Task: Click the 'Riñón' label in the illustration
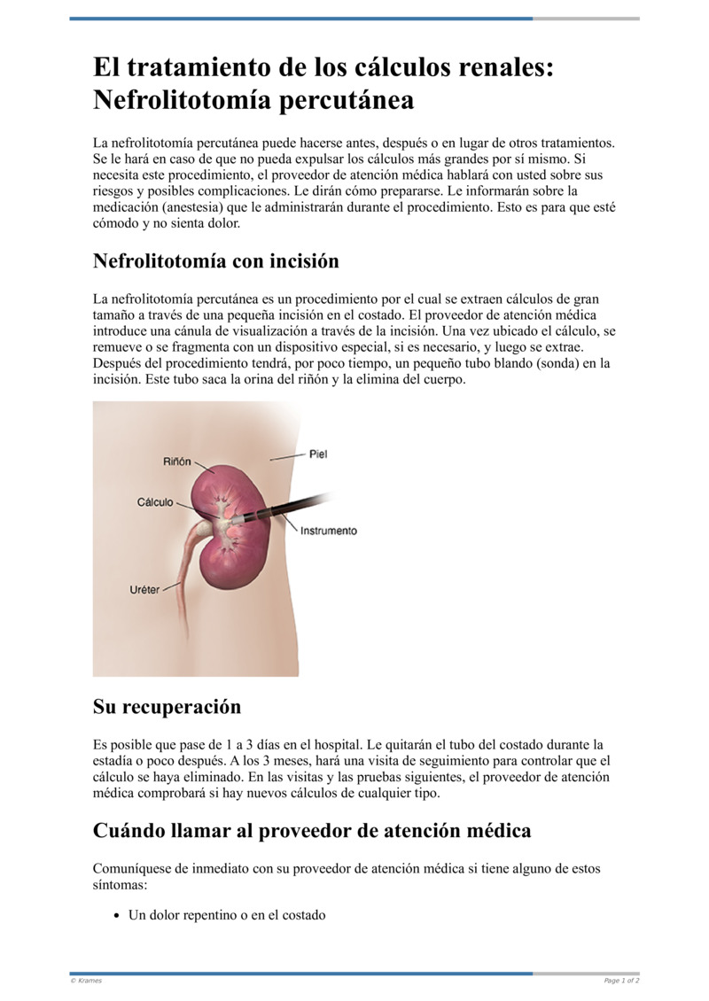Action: [176, 461]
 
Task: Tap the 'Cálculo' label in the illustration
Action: [155, 502]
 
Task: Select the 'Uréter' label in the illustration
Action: [145, 589]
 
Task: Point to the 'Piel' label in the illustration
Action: [318, 454]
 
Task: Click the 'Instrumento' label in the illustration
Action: [329, 531]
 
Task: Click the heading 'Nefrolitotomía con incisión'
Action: [215, 261]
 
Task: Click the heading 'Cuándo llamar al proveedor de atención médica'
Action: [312, 831]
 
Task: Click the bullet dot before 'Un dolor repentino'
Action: [116, 916]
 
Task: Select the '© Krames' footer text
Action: [86, 981]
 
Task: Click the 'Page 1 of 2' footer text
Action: [621, 981]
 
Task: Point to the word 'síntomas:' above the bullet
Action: [122, 885]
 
